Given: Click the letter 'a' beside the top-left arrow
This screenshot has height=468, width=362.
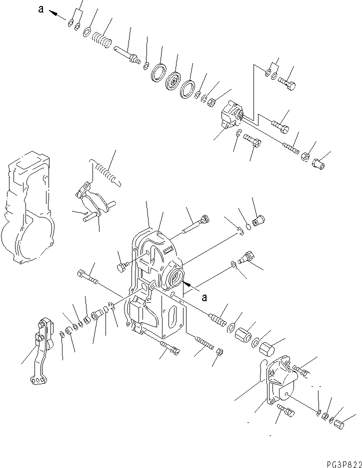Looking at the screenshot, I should tap(41, 9).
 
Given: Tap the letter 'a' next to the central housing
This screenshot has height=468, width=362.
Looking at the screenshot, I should tap(203, 297).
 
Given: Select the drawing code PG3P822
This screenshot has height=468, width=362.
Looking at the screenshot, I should tap(337, 462).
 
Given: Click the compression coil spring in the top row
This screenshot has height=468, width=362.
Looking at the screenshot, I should tap(103, 39).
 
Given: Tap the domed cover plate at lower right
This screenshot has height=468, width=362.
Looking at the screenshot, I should tap(283, 380).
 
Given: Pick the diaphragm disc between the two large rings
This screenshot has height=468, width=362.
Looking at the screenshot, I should tap(174, 81).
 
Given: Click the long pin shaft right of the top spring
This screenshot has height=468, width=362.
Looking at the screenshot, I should tap(127, 53).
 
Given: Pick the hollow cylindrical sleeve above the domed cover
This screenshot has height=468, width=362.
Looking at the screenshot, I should tap(242, 335).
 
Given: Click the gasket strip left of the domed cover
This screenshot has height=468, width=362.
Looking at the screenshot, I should tap(263, 372).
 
